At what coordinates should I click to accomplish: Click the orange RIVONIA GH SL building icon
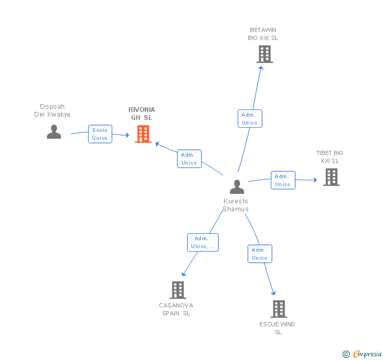(143, 134)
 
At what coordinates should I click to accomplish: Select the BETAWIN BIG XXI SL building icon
(264, 54)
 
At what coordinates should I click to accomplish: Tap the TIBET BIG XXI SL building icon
(331, 177)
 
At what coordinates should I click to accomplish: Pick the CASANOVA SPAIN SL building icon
(178, 290)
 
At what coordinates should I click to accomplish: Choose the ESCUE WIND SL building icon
(278, 309)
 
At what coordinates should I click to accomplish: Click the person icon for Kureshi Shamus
(237, 187)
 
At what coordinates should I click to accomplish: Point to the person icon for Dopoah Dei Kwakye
(54, 131)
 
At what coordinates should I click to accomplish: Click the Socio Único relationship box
(100, 134)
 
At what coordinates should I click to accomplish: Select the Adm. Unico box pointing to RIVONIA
(189, 159)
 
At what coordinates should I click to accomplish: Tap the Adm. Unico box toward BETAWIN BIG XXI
(249, 119)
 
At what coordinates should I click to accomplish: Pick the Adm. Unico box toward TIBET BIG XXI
(283, 180)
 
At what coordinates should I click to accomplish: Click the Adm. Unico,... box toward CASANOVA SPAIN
(203, 242)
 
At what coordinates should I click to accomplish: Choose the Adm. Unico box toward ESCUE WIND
(259, 254)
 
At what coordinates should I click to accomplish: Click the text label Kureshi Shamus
(235, 205)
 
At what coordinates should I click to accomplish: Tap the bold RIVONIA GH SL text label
(142, 114)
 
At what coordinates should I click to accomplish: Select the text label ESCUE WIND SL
(277, 328)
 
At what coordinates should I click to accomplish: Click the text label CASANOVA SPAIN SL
(176, 309)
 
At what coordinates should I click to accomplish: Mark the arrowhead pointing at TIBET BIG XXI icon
(315, 180)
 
